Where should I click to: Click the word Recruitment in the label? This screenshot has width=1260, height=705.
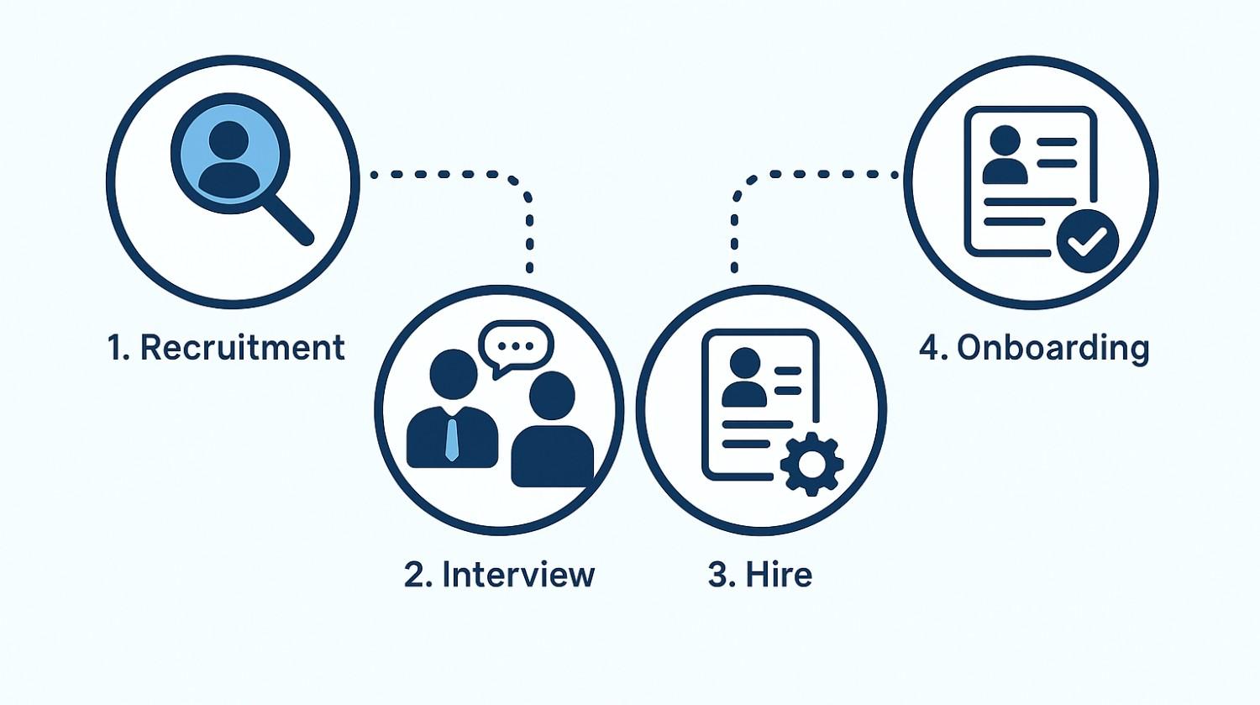(x=243, y=347)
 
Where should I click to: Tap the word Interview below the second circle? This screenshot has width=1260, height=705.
(x=518, y=575)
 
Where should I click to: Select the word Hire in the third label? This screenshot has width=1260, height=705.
(x=779, y=575)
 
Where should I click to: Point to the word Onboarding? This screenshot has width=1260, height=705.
(x=1053, y=349)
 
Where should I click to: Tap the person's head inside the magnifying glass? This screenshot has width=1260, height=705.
(x=228, y=140)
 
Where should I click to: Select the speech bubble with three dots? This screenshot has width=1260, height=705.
(x=515, y=347)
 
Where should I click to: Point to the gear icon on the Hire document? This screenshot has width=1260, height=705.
(x=811, y=464)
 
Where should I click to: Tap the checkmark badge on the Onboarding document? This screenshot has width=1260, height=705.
(x=1087, y=241)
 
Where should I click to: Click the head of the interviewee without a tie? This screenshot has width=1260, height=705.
(x=552, y=395)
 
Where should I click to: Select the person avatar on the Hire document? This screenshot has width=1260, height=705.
(x=744, y=377)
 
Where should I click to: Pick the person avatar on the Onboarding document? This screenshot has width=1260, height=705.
(x=1005, y=155)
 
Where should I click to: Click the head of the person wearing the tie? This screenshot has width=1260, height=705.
(x=454, y=374)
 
